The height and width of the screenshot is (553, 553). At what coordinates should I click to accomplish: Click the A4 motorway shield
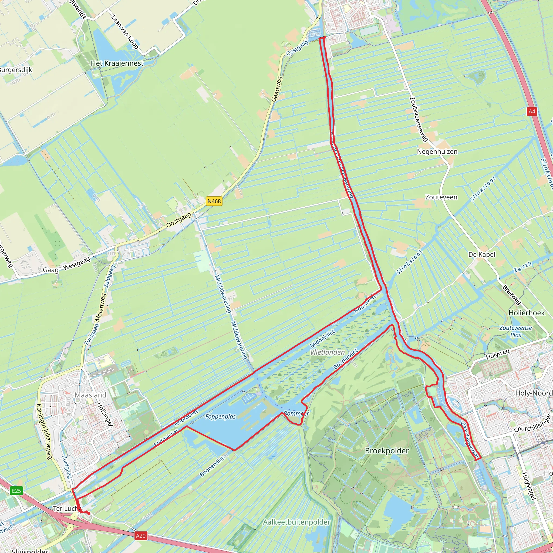pos(531,111)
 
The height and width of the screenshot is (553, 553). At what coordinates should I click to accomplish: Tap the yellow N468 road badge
pos(214,201)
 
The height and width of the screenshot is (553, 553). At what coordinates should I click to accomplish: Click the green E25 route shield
pos(16,491)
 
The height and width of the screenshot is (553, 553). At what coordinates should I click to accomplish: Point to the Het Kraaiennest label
pos(117,63)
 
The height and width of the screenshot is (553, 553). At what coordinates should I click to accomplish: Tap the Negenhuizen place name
pos(437,152)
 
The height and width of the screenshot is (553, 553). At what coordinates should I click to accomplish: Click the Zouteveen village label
pos(441,197)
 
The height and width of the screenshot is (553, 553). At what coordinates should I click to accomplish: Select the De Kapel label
pos(481,254)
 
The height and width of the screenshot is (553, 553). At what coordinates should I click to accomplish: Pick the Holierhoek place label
pos(526,313)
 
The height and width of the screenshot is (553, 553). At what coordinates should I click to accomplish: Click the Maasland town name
pos(90,395)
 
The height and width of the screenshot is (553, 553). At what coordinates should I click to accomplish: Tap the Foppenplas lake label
pos(220,417)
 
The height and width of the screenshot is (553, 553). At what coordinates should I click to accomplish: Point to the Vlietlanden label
pos(328,352)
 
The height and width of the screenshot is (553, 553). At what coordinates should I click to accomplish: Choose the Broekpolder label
pos(387,451)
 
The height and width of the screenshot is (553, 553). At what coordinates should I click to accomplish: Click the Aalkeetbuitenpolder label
pos(296,522)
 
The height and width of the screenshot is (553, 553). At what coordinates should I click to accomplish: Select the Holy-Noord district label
pos(534,393)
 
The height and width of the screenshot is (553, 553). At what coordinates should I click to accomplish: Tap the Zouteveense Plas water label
pos(515,331)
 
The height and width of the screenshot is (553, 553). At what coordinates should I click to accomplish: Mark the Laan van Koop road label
pos(125,32)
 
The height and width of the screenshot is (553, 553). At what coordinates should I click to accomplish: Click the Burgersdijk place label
pos(16,70)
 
